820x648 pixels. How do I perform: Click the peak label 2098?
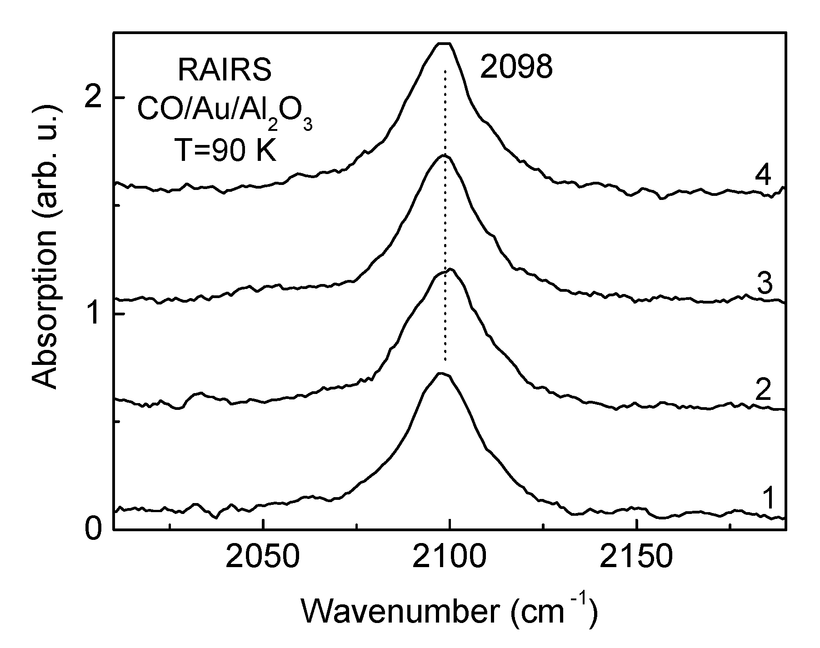tap(516, 68)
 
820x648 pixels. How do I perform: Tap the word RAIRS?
tap(225, 71)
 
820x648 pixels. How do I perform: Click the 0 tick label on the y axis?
tap(95, 530)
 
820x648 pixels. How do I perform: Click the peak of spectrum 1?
tap(441, 374)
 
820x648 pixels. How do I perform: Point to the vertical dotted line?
tap(445, 218)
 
